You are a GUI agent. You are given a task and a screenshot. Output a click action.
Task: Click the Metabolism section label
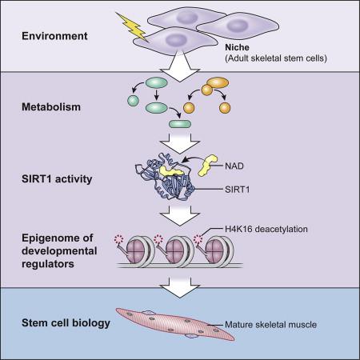[50, 106]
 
